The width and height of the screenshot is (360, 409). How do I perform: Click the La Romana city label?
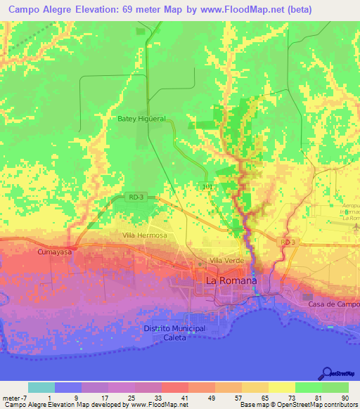click(x=231, y=280)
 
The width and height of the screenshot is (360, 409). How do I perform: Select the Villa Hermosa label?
click(x=144, y=235)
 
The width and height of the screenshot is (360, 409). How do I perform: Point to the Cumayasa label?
click(x=56, y=249)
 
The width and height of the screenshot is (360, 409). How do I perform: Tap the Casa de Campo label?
click(x=333, y=304)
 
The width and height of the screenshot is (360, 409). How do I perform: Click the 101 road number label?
click(x=206, y=186)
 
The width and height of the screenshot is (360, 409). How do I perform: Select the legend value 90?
click(x=344, y=398)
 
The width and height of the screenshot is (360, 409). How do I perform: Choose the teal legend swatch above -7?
click(x=41, y=387)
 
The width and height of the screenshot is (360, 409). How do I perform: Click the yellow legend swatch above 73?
click(x=281, y=387)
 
